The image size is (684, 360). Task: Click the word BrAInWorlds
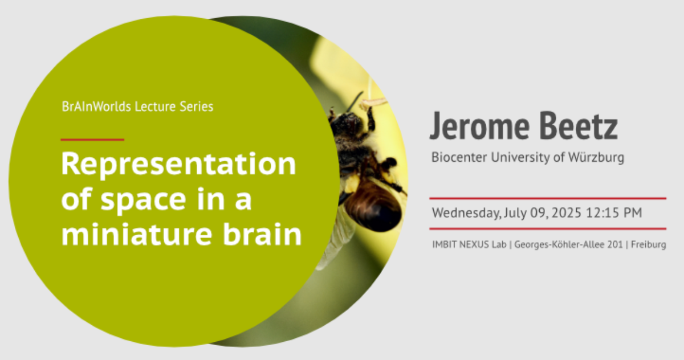tap(96, 107)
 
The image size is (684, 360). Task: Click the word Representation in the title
tap(178, 165)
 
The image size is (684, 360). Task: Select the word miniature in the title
tap(136, 234)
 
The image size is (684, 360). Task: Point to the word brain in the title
tap(262, 234)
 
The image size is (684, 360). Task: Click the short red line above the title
tap(92, 140)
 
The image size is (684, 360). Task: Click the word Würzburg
tap(596, 158)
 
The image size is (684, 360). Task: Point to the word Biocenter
tap(459, 157)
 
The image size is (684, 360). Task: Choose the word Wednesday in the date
tap(466, 213)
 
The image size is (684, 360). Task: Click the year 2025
tap(567, 212)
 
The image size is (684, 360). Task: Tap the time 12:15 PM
tap(614, 212)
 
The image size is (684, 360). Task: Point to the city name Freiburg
tap(649, 245)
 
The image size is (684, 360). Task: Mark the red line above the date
tap(548, 198)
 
